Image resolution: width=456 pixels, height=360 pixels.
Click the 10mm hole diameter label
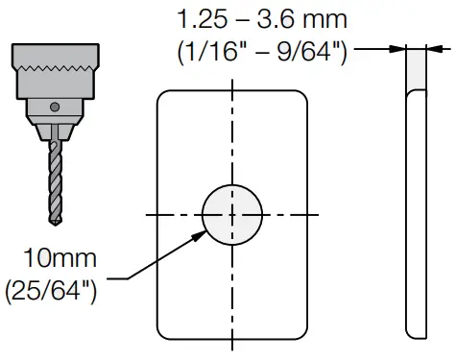click(60, 258)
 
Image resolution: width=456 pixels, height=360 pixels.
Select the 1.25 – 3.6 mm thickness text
click(262, 19)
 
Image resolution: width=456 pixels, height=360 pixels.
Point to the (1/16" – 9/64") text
click(262, 51)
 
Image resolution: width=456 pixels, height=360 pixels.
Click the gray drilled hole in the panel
click(232, 215)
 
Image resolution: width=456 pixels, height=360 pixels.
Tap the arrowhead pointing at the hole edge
click(201, 235)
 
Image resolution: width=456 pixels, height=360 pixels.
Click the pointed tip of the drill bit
click(56, 224)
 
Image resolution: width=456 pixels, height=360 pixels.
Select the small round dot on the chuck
click(55, 107)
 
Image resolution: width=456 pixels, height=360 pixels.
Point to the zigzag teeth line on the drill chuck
click(56, 68)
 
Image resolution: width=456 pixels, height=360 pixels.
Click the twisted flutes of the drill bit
click(56, 181)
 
